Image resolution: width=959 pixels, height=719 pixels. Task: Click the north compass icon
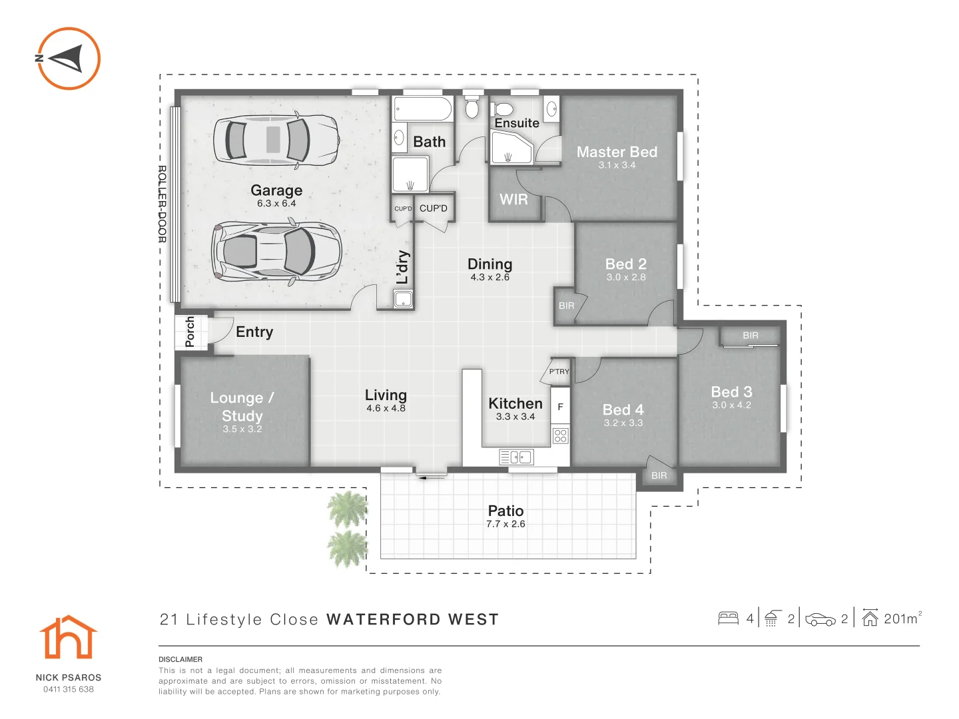[x=67, y=59]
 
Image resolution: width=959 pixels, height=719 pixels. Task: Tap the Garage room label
[x=276, y=190]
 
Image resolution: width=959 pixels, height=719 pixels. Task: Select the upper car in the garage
[x=276, y=140]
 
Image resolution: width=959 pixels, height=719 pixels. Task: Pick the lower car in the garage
[x=276, y=252]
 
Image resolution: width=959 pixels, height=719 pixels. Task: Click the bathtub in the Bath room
[x=422, y=109]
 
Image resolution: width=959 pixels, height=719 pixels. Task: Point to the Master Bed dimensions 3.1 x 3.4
[x=617, y=165]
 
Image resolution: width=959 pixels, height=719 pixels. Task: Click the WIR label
[x=513, y=200]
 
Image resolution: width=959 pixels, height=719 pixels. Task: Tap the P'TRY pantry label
[x=559, y=371]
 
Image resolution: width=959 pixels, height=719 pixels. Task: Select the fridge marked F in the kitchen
[x=560, y=407]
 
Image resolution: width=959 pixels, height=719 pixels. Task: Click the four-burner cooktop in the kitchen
[x=560, y=436]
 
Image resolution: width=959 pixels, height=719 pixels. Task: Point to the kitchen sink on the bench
[x=516, y=457]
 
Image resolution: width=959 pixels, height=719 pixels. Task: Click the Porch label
[x=190, y=332]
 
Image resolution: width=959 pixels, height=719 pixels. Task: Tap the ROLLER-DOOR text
[x=162, y=204]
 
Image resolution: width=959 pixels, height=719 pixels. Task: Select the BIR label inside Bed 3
[x=751, y=336]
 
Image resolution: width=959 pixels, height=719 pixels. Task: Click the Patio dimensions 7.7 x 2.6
[x=505, y=524]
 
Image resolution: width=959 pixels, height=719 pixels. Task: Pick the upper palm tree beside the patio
[x=348, y=509]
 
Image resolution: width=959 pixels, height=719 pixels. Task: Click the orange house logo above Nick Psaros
[x=68, y=638]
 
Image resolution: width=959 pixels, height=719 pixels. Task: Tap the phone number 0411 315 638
[x=69, y=689]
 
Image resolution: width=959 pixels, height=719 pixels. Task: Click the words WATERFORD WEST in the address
[x=412, y=620]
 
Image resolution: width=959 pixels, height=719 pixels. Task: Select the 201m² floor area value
[x=902, y=618]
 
